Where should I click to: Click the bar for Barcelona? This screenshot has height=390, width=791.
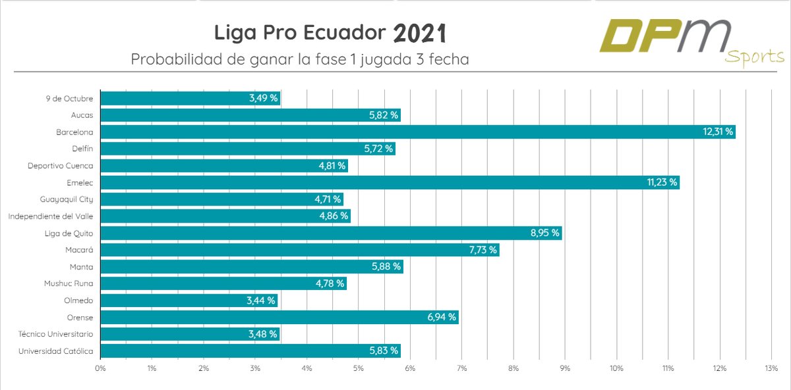pyautogui.click(x=418, y=132)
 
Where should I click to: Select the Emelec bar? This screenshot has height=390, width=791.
pyautogui.click(x=390, y=182)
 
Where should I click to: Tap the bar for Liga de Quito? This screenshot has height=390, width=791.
pyautogui.click(x=331, y=233)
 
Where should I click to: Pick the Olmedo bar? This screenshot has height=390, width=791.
pyautogui.click(x=189, y=300)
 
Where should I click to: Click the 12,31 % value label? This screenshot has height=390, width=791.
pyautogui.click(x=717, y=132)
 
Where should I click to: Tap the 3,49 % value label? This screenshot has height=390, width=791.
pyautogui.click(x=263, y=98)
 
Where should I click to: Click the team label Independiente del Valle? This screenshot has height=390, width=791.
pyautogui.click(x=50, y=216)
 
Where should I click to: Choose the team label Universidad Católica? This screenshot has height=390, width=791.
pyautogui.click(x=55, y=351)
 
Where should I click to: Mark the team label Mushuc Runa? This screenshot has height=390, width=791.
pyautogui.click(x=69, y=284)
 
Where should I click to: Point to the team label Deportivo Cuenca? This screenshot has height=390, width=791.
pyautogui.click(x=60, y=166)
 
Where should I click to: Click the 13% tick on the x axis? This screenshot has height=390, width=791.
pyautogui.click(x=771, y=368)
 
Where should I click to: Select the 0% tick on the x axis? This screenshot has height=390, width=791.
pyautogui.click(x=100, y=368)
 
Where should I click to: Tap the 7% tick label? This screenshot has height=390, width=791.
pyautogui.click(x=461, y=368)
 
